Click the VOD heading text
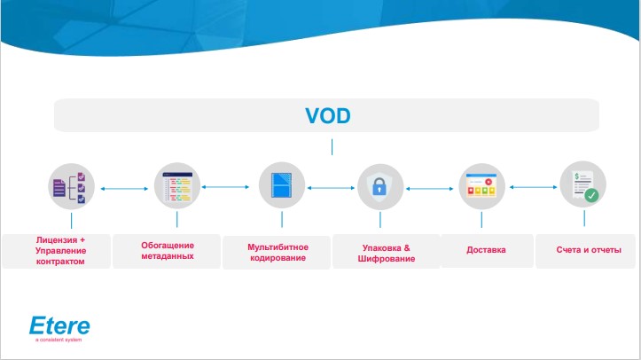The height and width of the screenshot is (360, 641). tap(327, 115)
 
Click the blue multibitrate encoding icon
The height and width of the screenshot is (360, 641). tap(280, 186)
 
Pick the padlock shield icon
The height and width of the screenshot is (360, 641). tap(379, 187)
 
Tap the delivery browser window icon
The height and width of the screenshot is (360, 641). tap(481, 186)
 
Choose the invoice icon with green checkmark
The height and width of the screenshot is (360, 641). tap(582, 186)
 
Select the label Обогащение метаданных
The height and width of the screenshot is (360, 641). tap(168, 250)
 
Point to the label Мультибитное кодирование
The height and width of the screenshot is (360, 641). tap(277, 251)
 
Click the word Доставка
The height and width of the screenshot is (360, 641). tap(486, 250)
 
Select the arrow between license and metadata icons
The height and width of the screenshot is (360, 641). tap(121, 187)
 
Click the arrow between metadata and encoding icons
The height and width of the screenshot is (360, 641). tap(225, 187)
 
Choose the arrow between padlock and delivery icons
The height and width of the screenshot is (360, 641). tap(430, 187)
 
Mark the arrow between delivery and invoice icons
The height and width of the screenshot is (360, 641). tap(532, 187)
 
